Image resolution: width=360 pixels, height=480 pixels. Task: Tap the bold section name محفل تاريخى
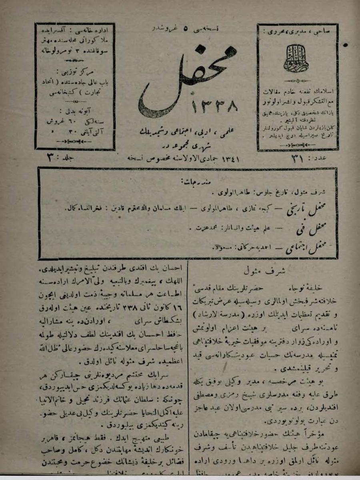coord(302,208)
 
